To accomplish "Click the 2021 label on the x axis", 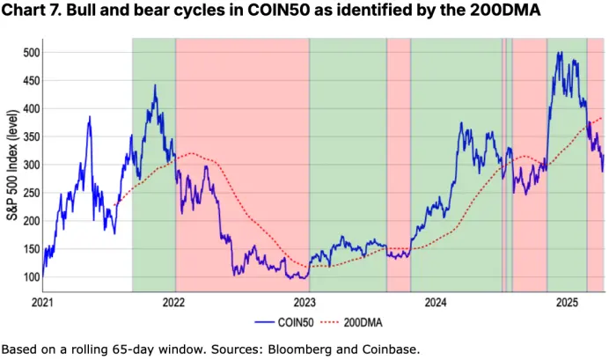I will point(44,303).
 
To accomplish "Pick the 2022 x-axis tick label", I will point(175,303).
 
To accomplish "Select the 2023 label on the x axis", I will point(308,303).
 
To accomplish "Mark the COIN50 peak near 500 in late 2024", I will point(559,53).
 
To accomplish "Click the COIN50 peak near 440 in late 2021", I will point(155,85).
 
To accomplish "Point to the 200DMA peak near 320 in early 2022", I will point(191,153).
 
